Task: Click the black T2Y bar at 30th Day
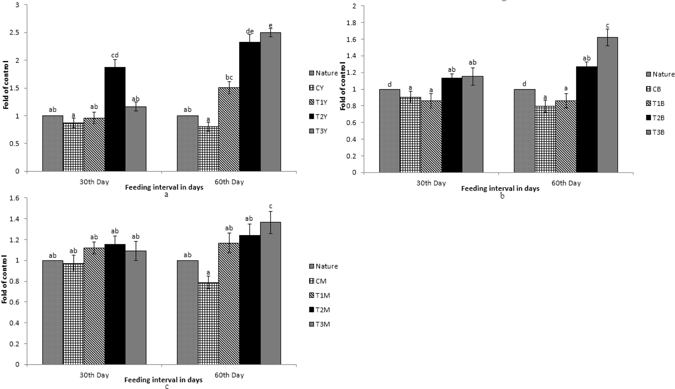coord(115,119)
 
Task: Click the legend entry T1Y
coord(318,102)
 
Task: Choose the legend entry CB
coord(653,89)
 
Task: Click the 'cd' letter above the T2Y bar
coord(115,55)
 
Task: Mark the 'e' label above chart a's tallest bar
coord(270,25)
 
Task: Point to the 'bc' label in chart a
coord(229,77)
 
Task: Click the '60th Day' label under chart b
coord(566,183)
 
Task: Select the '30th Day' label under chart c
coord(94,375)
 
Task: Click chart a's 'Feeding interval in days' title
coord(164,188)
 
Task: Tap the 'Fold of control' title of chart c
coord(5,279)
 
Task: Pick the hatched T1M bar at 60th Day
coord(229,304)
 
